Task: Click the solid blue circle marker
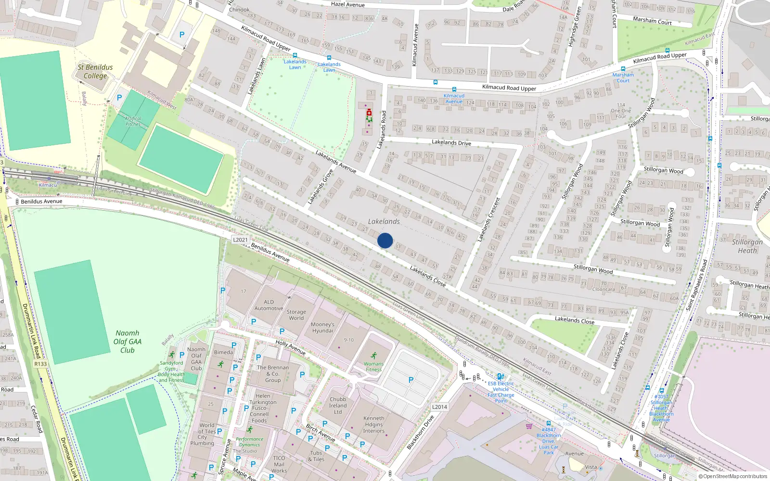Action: [385, 240]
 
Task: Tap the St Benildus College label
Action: [95, 72]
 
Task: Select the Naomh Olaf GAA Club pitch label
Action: [128, 342]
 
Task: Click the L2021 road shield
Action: [241, 240]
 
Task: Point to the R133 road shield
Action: [40, 364]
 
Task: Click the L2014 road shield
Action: [439, 407]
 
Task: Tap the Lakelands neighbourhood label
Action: [384, 222]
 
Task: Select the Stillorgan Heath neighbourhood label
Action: [747, 246]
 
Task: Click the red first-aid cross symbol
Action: [369, 113]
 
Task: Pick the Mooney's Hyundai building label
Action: [322, 328]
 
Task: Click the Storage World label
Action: [296, 315]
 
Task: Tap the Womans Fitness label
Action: [373, 367]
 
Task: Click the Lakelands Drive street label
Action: [451, 142]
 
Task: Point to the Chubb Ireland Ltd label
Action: [338, 405]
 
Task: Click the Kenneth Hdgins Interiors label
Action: [374, 425]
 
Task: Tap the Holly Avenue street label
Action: [290, 347]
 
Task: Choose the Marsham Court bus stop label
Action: [623, 77]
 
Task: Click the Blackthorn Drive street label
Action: [420, 432]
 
